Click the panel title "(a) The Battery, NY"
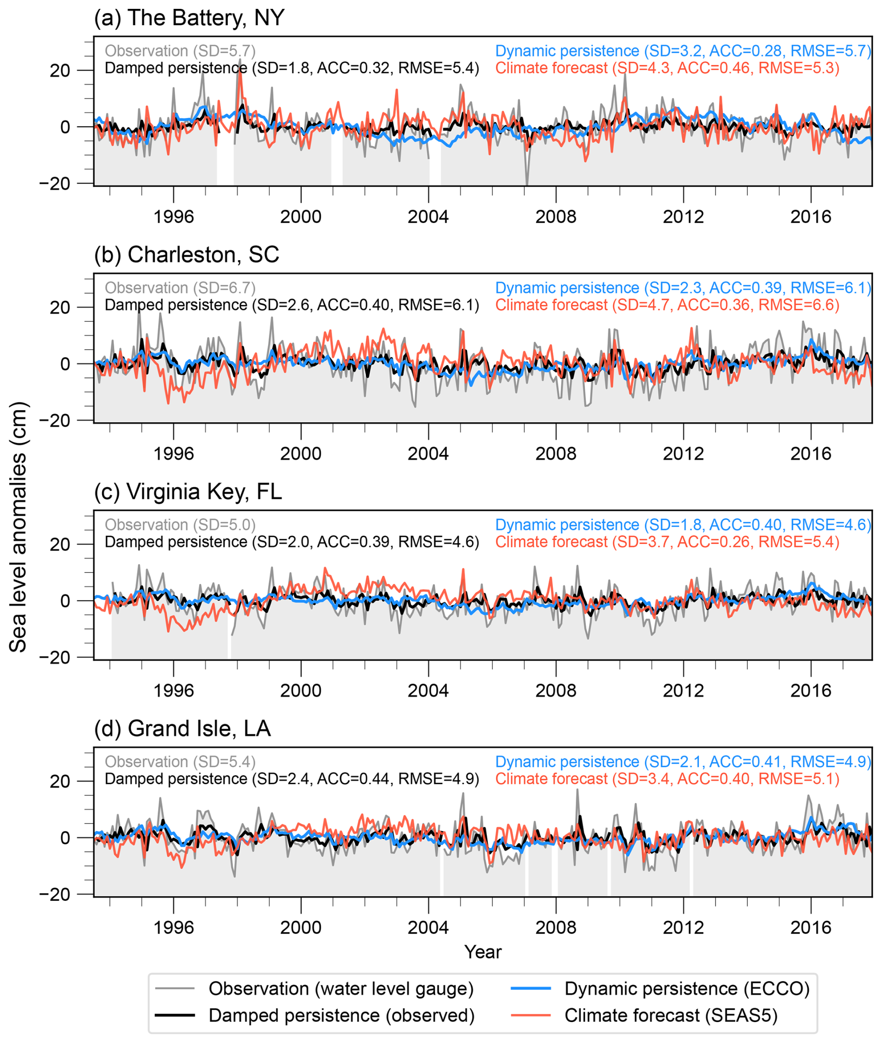coord(189,18)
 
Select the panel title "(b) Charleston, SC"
coord(186,255)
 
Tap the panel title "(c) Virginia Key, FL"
coord(187,492)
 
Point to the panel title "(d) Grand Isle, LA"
coord(182,729)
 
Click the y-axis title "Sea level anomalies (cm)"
coord(18,527)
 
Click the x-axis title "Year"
coord(482,952)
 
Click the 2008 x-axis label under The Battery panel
coord(556,217)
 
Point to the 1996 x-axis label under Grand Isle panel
coord(173,928)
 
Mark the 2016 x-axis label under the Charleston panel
coord(811,454)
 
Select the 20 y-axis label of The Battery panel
coord(60,70)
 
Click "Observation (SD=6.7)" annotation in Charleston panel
coord(180,288)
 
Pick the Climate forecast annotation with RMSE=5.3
coord(667,68)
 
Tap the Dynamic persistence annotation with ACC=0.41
coord(683,762)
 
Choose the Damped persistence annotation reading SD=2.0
coord(291,542)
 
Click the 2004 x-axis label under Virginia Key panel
coord(428,691)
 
